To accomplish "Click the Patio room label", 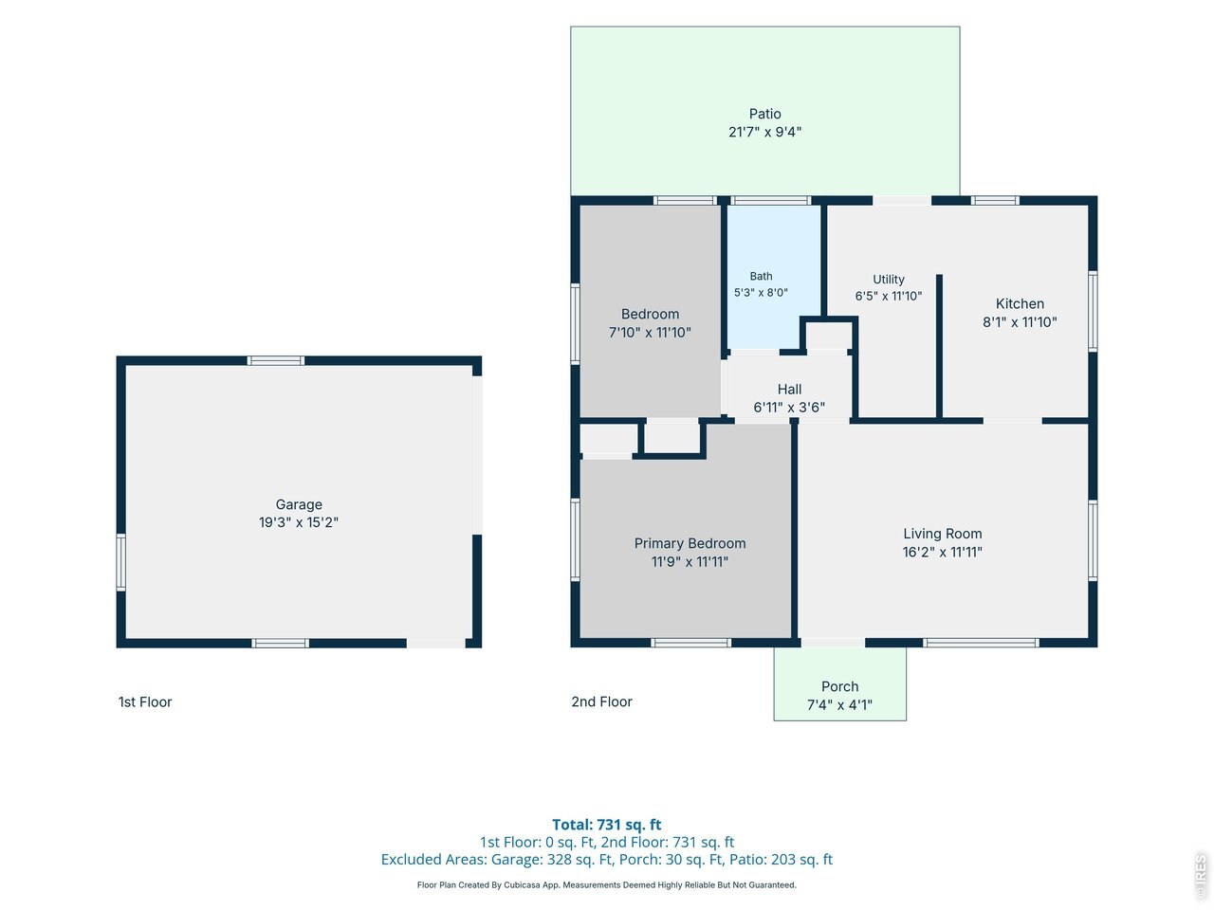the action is pos(764,114).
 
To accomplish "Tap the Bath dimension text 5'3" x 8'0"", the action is pos(761,292).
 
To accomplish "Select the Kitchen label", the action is pos(1020,303).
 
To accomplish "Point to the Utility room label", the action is pos(889,280).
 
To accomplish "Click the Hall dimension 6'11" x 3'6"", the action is pos(789,408).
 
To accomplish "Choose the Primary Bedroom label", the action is pos(690,544).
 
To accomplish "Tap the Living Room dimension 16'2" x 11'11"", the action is pos(942,552).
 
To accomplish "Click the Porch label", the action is pos(839,687).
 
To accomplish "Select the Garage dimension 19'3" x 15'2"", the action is pos(298,522).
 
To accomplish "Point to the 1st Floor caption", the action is pos(145,702).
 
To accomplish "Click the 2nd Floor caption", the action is pos(601,701).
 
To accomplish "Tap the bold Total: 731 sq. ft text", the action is pos(607,825).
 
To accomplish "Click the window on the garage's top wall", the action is pos(275,361).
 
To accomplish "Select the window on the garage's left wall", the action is pos(120,562).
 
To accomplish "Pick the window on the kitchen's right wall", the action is pos(1093,311).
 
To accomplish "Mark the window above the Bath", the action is pos(770,201).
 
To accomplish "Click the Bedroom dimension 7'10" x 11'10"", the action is pos(650,333).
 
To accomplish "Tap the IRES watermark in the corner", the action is pos(1201,875).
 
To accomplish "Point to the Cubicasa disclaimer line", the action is pos(607,885).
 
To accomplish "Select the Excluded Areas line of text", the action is pos(607,860).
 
